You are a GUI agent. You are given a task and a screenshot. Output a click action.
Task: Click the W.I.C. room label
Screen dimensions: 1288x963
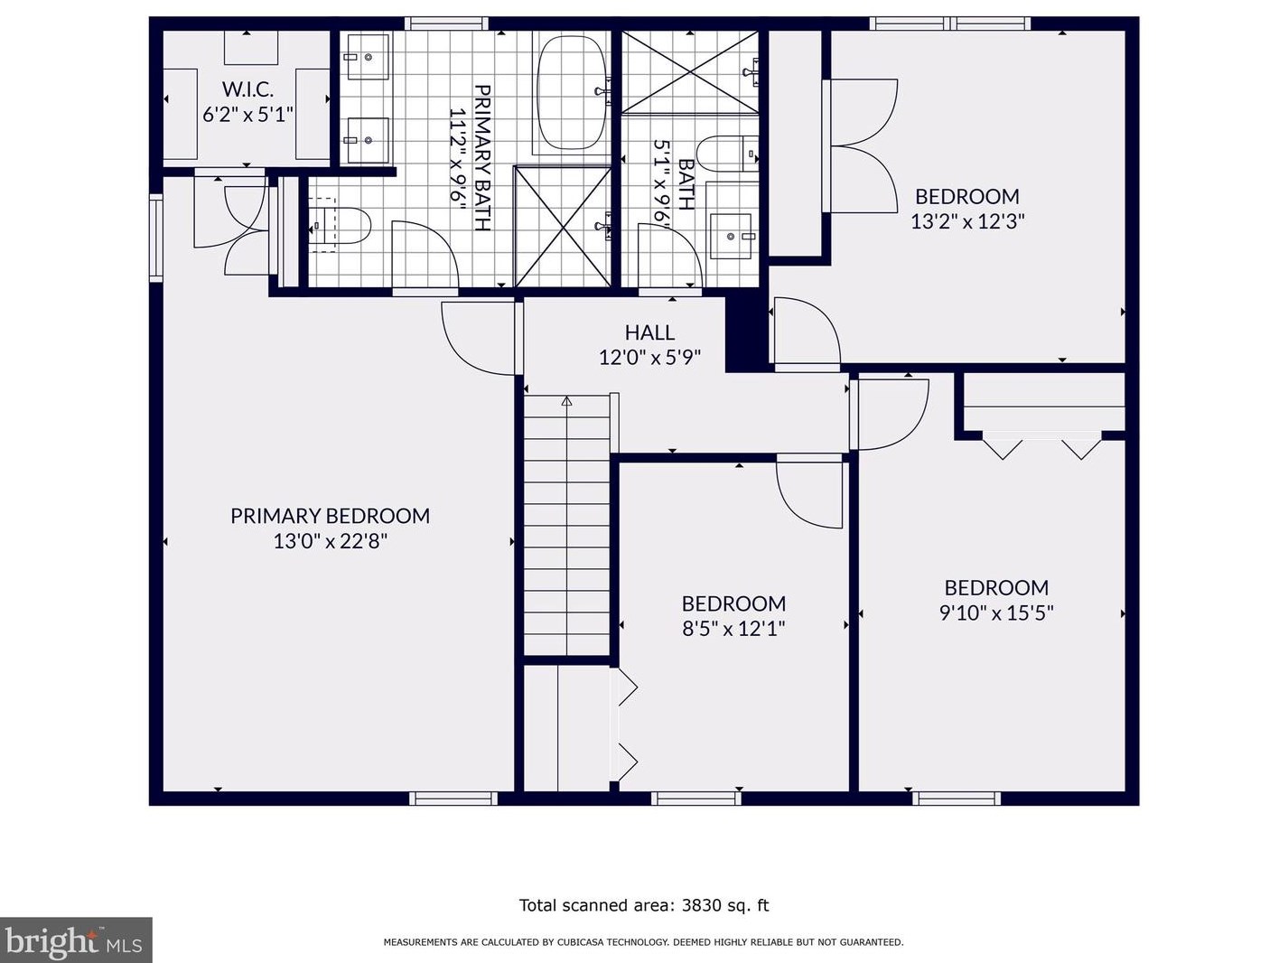coord(247,89)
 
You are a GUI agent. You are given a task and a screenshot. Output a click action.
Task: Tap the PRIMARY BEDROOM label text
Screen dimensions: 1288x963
coord(330,516)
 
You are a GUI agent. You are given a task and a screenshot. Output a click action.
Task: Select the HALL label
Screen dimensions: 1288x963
coord(649,332)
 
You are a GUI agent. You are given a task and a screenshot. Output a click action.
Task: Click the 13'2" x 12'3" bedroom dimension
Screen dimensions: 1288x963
coord(967,221)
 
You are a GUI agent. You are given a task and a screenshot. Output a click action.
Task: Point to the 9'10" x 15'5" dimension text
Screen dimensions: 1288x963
coord(996,613)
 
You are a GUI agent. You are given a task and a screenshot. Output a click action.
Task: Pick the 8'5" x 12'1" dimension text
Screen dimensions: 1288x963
coord(733,629)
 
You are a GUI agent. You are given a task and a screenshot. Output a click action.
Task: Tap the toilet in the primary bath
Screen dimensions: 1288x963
coord(341,225)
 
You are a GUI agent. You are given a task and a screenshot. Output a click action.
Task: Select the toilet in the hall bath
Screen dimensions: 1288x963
coord(730,154)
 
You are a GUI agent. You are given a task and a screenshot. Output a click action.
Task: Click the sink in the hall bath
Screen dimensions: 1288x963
coord(731,236)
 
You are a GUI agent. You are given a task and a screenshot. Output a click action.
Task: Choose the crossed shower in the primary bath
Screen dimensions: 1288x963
coord(563,227)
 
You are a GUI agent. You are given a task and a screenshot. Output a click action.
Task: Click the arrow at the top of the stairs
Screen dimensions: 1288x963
coord(566,401)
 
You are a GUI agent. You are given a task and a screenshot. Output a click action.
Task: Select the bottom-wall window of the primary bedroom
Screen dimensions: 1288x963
coord(453,798)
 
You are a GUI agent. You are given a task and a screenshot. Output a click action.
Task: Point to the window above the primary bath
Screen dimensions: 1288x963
coord(446,23)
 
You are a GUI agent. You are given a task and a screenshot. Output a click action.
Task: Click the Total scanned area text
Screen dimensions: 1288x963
coord(644,905)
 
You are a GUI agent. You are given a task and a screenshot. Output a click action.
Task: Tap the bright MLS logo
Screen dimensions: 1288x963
coord(76,940)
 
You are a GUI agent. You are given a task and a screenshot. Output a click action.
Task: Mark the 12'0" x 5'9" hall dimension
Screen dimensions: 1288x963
coord(649,358)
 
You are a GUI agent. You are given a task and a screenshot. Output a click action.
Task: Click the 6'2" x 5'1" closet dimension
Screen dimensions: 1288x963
coord(247,114)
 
